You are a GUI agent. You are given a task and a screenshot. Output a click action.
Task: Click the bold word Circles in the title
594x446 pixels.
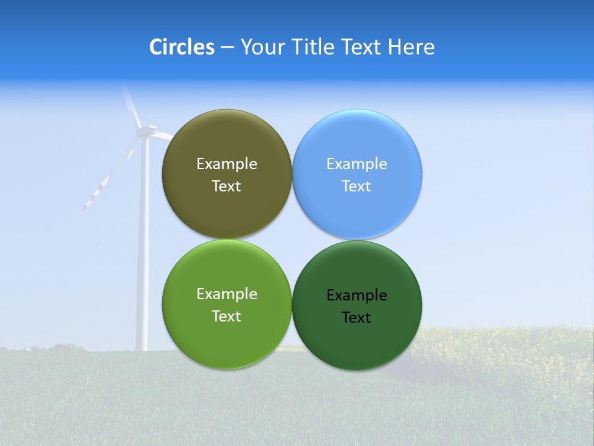[x=181, y=47]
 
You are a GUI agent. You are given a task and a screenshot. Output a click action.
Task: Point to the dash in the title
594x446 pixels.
[x=226, y=48]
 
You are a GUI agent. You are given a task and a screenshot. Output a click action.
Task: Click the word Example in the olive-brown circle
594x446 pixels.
[x=226, y=164]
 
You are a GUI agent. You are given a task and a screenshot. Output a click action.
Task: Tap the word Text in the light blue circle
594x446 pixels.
[x=356, y=186]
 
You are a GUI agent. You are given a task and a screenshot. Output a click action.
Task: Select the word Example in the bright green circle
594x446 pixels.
[x=226, y=294]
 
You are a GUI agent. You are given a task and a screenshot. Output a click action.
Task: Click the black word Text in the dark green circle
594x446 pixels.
[x=356, y=318]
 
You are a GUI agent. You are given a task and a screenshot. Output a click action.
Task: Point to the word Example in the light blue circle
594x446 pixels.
[x=356, y=164]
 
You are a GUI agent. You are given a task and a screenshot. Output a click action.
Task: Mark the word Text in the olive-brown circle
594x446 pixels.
[x=226, y=186]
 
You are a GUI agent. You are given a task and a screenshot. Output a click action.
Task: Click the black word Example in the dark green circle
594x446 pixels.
[x=356, y=295]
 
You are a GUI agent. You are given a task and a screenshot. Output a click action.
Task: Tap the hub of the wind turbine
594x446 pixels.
[x=146, y=130]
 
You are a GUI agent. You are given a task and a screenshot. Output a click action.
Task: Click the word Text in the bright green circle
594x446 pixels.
[x=226, y=317]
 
